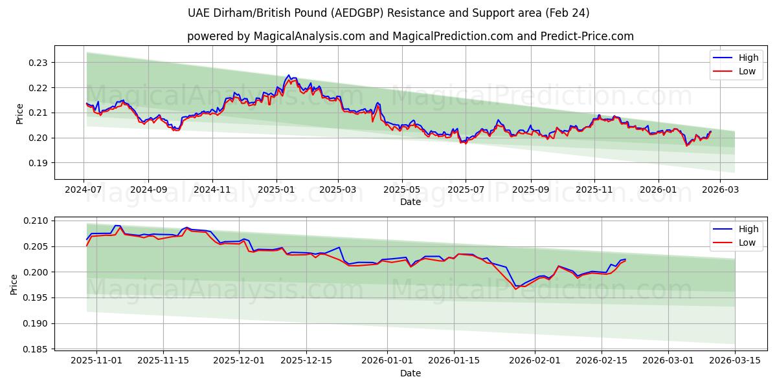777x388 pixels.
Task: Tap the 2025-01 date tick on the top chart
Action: click(276, 189)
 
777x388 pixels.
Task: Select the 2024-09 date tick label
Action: click(148, 189)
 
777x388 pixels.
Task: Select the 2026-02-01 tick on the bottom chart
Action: click(535, 361)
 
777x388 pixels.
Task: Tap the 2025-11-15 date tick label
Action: click(163, 361)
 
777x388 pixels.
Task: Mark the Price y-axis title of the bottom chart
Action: click(15, 284)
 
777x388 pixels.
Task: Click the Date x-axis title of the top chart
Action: click(410, 202)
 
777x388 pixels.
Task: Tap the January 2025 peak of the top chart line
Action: click(288, 75)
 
